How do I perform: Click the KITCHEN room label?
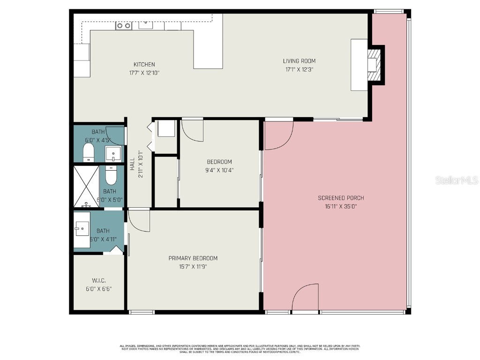click(144, 65)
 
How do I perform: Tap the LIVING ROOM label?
click(299, 61)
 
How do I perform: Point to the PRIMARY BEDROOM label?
click(193, 258)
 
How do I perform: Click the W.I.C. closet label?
click(98, 280)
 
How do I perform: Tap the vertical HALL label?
click(133, 163)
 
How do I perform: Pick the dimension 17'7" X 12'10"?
click(144, 73)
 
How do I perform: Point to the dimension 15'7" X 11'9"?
click(193, 267)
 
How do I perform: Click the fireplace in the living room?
click(373, 64)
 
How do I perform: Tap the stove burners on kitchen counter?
click(123, 26)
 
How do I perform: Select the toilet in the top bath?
click(89, 152)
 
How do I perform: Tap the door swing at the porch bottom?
click(305, 298)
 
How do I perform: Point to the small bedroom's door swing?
click(192, 129)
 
